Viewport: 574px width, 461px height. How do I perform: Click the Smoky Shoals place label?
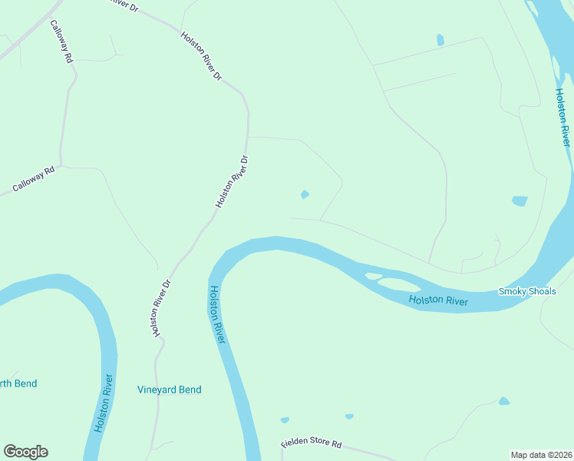coord(526,291)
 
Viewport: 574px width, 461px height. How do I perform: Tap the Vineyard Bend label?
coord(169,390)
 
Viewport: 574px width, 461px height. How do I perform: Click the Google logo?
coord(25,452)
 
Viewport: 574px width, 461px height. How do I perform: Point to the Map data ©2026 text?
coord(541,454)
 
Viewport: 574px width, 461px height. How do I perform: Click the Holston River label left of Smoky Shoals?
coord(438,300)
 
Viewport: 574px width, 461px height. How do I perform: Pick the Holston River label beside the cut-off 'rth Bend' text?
coord(104,403)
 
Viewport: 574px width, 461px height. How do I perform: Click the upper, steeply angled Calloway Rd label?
coord(61,41)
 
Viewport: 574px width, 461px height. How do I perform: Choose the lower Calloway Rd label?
coord(34,180)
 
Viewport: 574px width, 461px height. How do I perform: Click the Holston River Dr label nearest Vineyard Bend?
coord(160,308)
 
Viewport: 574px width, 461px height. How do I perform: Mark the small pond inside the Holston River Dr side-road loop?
coord(305,194)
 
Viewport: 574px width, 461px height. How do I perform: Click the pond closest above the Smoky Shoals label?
coord(520,201)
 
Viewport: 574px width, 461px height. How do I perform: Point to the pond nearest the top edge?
coord(440,39)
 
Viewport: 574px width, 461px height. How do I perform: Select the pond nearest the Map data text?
coord(503,401)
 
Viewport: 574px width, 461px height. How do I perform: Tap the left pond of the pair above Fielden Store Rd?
coord(285,420)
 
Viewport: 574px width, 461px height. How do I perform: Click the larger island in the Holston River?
coord(399,284)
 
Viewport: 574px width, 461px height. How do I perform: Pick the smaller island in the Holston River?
coord(374,276)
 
